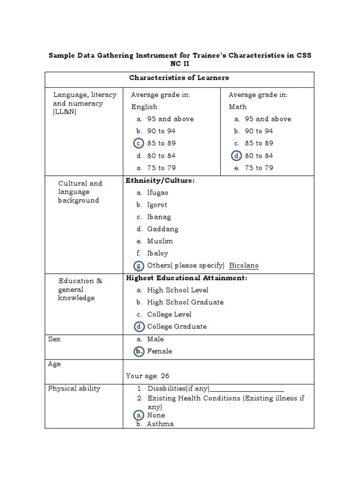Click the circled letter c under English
(x=139, y=143)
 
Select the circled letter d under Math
(x=236, y=156)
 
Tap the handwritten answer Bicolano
(x=244, y=266)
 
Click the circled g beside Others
(x=139, y=266)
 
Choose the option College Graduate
(x=177, y=327)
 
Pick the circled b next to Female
(x=139, y=351)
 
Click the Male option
(x=155, y=339)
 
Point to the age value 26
(x=165, y=376)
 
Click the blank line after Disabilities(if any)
(x=247, y=389)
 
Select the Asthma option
(x=160, y=424)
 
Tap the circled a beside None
(x=139, y=415)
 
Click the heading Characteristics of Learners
(x=179, y=78)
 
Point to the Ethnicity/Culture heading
(x=160, y=180)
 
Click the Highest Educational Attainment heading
(x=187, y=278)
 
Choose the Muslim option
(x=160, y=241)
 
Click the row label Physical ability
(x=74, y=389)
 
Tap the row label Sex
(x=54, y=339)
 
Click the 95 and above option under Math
(x=268, y=119)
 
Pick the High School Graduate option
(x=185, y=302)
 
